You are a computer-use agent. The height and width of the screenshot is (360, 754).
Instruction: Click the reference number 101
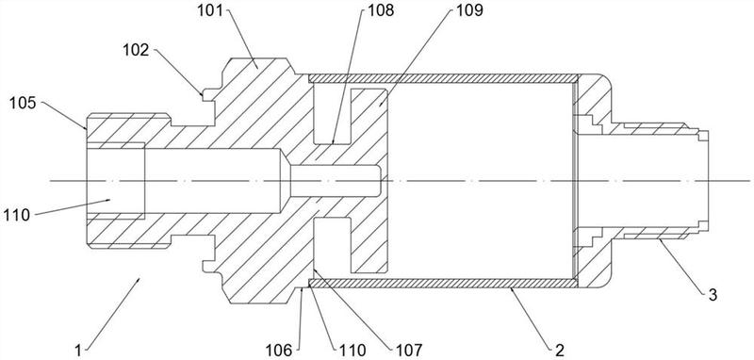(210, 10)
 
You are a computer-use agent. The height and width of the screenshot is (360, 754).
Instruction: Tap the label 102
(136, 50)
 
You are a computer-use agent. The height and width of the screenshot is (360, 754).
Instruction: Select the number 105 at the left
(23, 103)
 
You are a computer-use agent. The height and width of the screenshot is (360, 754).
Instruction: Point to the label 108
(381, 10)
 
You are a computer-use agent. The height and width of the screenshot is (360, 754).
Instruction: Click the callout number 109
(469, 10)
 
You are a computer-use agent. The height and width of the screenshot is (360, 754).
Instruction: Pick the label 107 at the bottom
(408, 350)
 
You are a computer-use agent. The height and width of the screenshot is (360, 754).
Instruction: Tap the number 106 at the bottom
(279, 350)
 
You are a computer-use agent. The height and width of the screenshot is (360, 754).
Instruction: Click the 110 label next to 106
(352, 350)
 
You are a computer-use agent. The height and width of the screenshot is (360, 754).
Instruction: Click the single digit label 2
(559, 350)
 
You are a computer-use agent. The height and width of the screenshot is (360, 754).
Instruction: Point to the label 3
(713, 295)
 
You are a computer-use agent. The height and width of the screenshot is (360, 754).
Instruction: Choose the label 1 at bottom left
(78, 350)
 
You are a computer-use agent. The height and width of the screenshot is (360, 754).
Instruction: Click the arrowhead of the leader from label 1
(139, 279)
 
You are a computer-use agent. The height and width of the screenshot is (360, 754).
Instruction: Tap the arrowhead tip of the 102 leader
(203, 95)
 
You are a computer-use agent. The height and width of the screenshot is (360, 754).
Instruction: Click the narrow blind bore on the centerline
(336, 181)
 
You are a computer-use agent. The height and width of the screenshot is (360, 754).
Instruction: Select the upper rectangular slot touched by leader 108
(332, 115)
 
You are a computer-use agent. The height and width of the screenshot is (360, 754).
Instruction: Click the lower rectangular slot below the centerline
(332, 244)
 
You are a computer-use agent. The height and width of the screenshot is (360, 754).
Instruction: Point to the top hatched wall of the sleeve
(442, 78)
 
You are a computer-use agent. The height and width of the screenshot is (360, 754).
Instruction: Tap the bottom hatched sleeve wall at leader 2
(442, 283)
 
